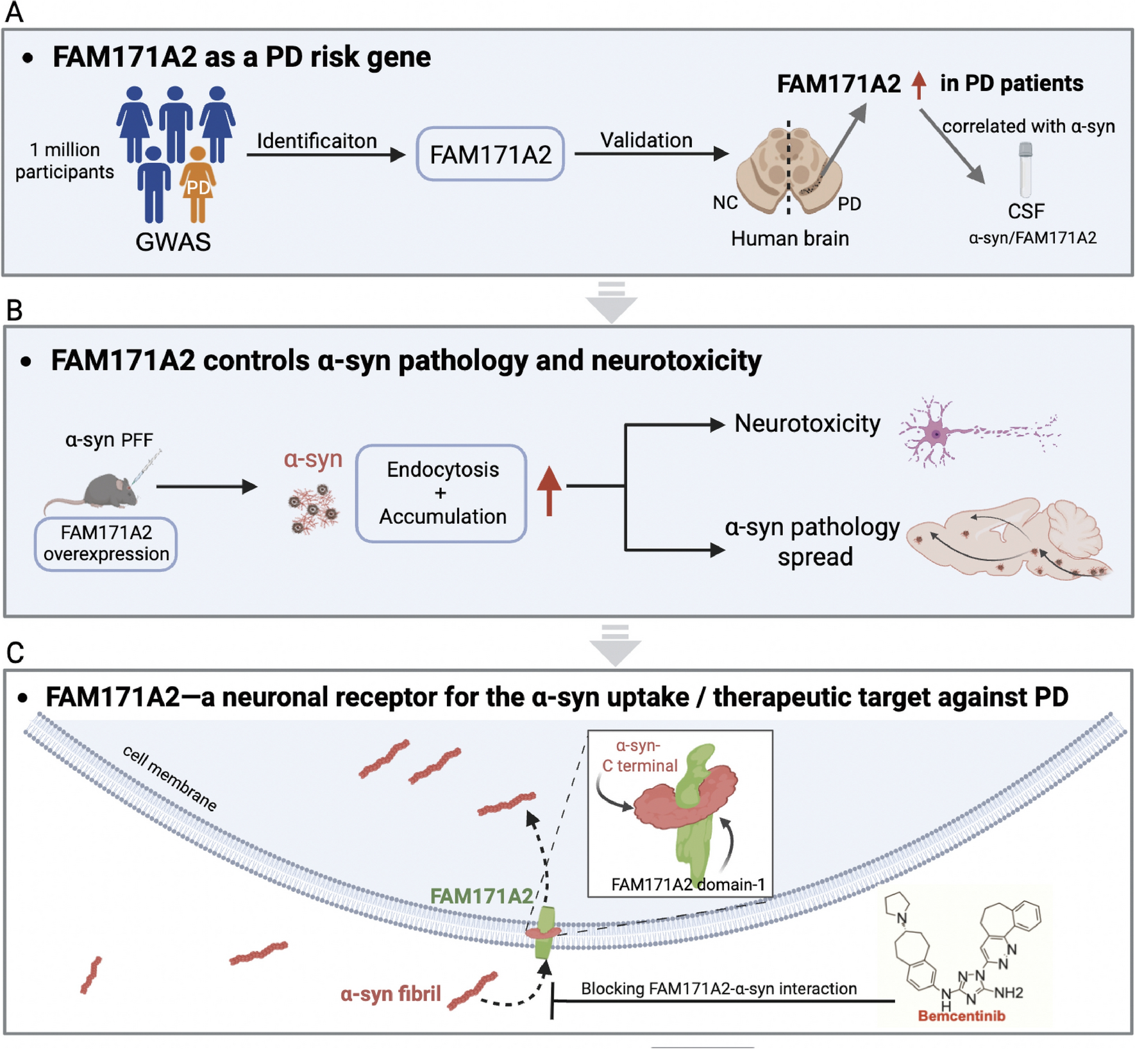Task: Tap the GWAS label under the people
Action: click(x=172, y=242)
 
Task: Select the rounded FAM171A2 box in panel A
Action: click(x=490, y=155)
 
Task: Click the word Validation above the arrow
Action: click(x=646, y=140)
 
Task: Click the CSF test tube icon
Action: click(x=1025, y=170)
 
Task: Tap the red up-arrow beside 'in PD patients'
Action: click(x=919, y=85)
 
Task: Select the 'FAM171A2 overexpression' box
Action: click(x=106, y=544)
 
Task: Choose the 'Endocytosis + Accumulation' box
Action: click(x=442, y=493)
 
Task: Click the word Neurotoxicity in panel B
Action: click(x=807, y=423)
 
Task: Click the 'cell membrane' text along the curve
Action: click(x=170, y=778)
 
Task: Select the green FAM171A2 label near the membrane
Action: click(x=481, y=896)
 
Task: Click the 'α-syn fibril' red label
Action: click(x=391, y=994)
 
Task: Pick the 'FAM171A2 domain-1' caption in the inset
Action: click(x=687, y=885)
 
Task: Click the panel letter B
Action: click(x=14, y=310)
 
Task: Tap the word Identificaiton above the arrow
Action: click(x=317, y=140)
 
